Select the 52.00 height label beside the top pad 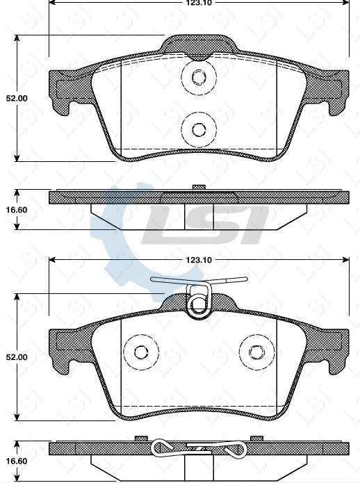[x=17, y=99]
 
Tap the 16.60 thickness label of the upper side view [x=17, y=208]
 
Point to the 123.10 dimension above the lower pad [x=198, y=260]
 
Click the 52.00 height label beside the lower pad [x=17, y=357]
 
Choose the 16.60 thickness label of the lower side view [x=17, y=459]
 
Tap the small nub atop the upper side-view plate [x=199, y=186]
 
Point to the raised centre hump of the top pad [x=199, y=42]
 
